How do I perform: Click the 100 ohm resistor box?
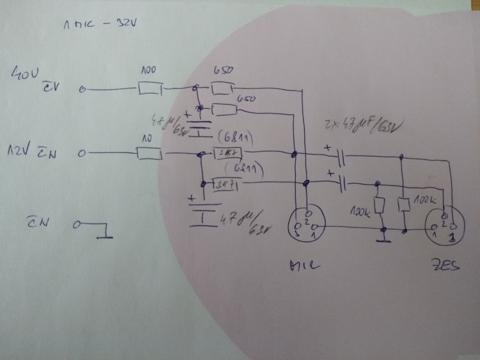pyautogui.click(x=149, y=89)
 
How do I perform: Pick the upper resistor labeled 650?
pyautogui.click(x=222, y=89)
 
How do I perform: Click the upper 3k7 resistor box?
pyautogui.click(x=227, y=153)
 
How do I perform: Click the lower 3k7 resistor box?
pyautogui.click(x=226, y=185)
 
